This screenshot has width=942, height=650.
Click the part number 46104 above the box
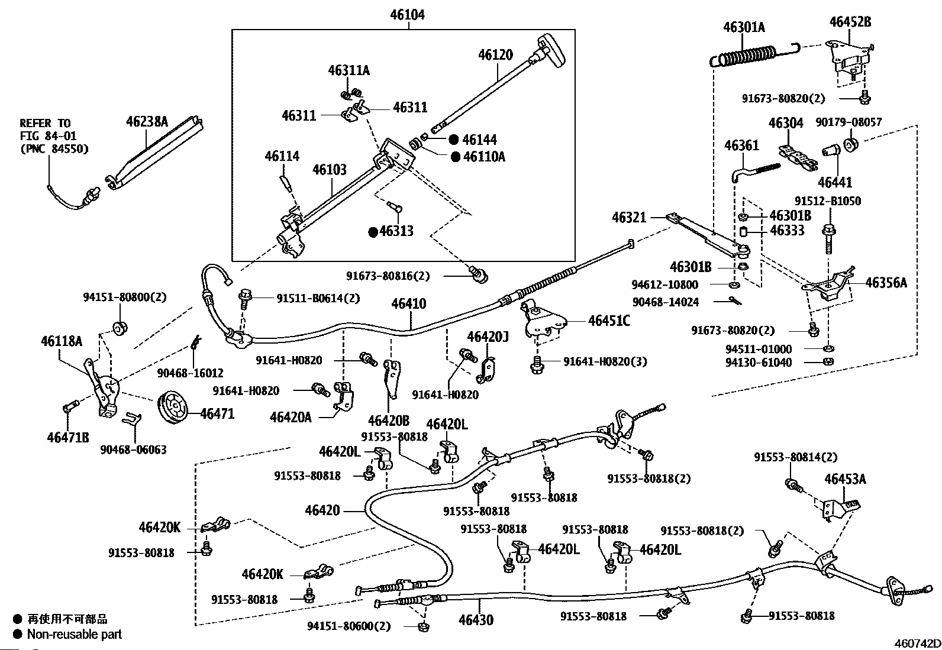point(407,15)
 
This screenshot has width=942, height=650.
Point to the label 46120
point(495,54)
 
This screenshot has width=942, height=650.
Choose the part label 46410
point(408,303)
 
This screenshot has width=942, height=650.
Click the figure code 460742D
point(917,643)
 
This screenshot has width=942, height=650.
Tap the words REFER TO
point(46,123)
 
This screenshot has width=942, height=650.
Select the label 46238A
point(147,121)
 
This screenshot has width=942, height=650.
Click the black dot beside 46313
point(373,232)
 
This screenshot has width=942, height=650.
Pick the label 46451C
point(609,321)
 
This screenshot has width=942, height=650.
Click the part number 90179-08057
point(849,122)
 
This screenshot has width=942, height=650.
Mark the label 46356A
point(886,283)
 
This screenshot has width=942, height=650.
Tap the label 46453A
point(846,478)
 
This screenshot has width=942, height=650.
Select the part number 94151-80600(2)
point(349,626)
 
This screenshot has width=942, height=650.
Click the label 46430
point(476,620)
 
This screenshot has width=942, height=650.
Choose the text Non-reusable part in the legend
point(75,634)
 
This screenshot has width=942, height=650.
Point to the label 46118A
point(62,341)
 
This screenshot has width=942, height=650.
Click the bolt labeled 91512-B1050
point(828,239)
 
